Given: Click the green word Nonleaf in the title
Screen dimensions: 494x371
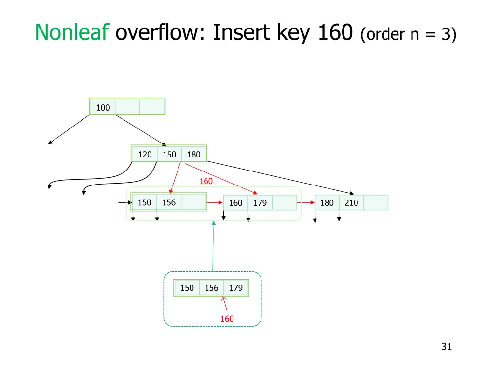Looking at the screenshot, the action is point(72,32).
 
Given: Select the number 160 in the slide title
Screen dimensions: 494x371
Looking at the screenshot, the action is point(335,32).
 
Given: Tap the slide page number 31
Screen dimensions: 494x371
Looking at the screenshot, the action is point(446,347).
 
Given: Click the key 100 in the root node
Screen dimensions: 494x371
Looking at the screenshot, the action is point(103,108).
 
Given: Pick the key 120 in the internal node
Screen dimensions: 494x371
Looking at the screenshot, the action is point(145,155).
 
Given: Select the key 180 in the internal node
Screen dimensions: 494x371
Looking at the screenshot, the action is point(194,155).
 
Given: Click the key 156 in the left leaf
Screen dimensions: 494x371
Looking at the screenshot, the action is point(169,202).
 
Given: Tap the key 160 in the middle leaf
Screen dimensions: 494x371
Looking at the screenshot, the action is point(235,203).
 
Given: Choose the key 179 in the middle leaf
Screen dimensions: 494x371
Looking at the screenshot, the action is point(260,203).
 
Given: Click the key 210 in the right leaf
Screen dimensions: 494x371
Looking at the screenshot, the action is point(351,203).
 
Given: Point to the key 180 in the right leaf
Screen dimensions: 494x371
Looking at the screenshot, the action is point(327,203).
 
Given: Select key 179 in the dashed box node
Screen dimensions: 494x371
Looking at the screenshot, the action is point(236,288).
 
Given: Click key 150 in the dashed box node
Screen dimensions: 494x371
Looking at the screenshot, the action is point(187,288).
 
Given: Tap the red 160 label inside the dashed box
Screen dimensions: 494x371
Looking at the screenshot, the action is point(227,319).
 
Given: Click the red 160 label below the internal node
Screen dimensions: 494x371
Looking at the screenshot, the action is point(206,182).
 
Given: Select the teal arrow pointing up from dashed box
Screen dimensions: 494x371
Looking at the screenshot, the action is point(213,246).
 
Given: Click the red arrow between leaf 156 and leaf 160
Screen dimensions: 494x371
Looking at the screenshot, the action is point(215,202).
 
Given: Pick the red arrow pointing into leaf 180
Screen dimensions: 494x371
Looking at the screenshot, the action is point(305,202).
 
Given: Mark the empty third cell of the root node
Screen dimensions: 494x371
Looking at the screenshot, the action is point(152,107).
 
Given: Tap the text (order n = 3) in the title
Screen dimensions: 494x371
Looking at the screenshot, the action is point(408,34).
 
